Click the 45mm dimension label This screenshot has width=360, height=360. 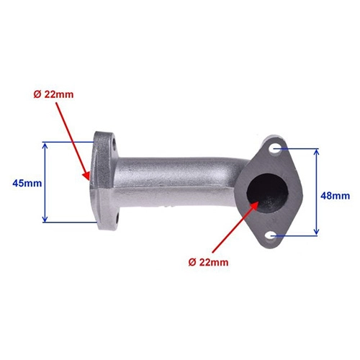pyautogui.click(x=27, y=184)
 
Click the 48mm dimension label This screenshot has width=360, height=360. pyautogui.click(x=336, y=196)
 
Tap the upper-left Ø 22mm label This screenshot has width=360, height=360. pyautogui.click(x=53, y=95)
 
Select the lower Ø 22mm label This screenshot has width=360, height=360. pyautogui.click(x=208, y=263)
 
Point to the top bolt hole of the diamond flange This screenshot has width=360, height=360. pyautogui.click(x=274, y=149)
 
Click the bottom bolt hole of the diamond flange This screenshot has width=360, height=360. pyautogui.click(x=272, y=235)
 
